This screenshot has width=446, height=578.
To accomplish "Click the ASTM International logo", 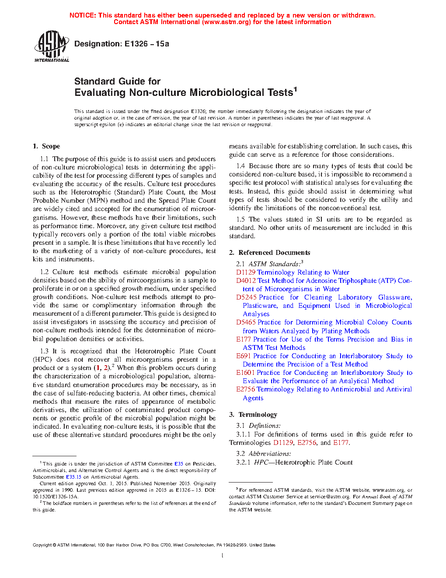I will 52,46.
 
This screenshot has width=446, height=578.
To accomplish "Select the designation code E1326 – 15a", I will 146,44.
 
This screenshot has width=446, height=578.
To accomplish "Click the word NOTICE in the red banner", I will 83,15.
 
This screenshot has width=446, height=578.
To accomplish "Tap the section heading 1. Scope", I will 46,146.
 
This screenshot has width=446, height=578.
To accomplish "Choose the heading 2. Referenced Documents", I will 269,253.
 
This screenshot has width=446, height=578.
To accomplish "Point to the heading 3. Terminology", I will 253,415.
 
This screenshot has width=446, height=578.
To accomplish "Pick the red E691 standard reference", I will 244,356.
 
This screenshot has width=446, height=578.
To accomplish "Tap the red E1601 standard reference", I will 245,373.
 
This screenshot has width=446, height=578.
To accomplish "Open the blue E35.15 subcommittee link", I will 73,477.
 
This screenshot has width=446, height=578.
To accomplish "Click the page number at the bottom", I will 223,556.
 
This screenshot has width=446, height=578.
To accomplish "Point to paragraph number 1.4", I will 240,166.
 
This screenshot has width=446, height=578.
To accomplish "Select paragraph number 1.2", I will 44,272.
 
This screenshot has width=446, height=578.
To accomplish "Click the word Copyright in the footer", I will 42,545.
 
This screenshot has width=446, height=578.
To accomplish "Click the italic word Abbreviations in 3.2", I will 269,454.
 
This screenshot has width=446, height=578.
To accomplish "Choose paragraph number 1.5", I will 240,219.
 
